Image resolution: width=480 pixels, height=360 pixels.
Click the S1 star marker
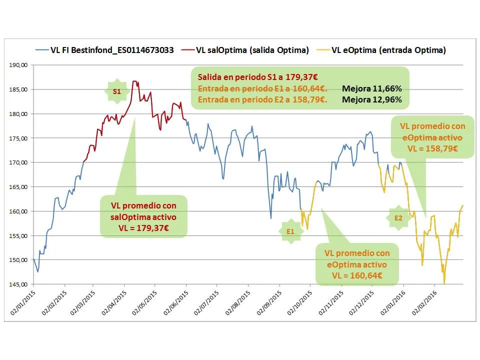[x=116, y=92]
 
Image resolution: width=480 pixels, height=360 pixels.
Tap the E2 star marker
[x=398, y=218]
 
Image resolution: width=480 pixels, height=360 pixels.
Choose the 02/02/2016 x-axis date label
[x=425, y=303]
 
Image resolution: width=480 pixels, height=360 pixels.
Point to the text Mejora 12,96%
[x=372, y=99]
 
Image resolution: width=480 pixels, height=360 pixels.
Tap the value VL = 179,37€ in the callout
[x=143, y=228]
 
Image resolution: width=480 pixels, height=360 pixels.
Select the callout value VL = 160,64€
[x=357, y=275]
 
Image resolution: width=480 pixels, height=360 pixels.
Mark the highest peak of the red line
[x=134, y=81]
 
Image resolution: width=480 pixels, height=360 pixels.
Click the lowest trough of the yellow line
[x=444, y=283]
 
